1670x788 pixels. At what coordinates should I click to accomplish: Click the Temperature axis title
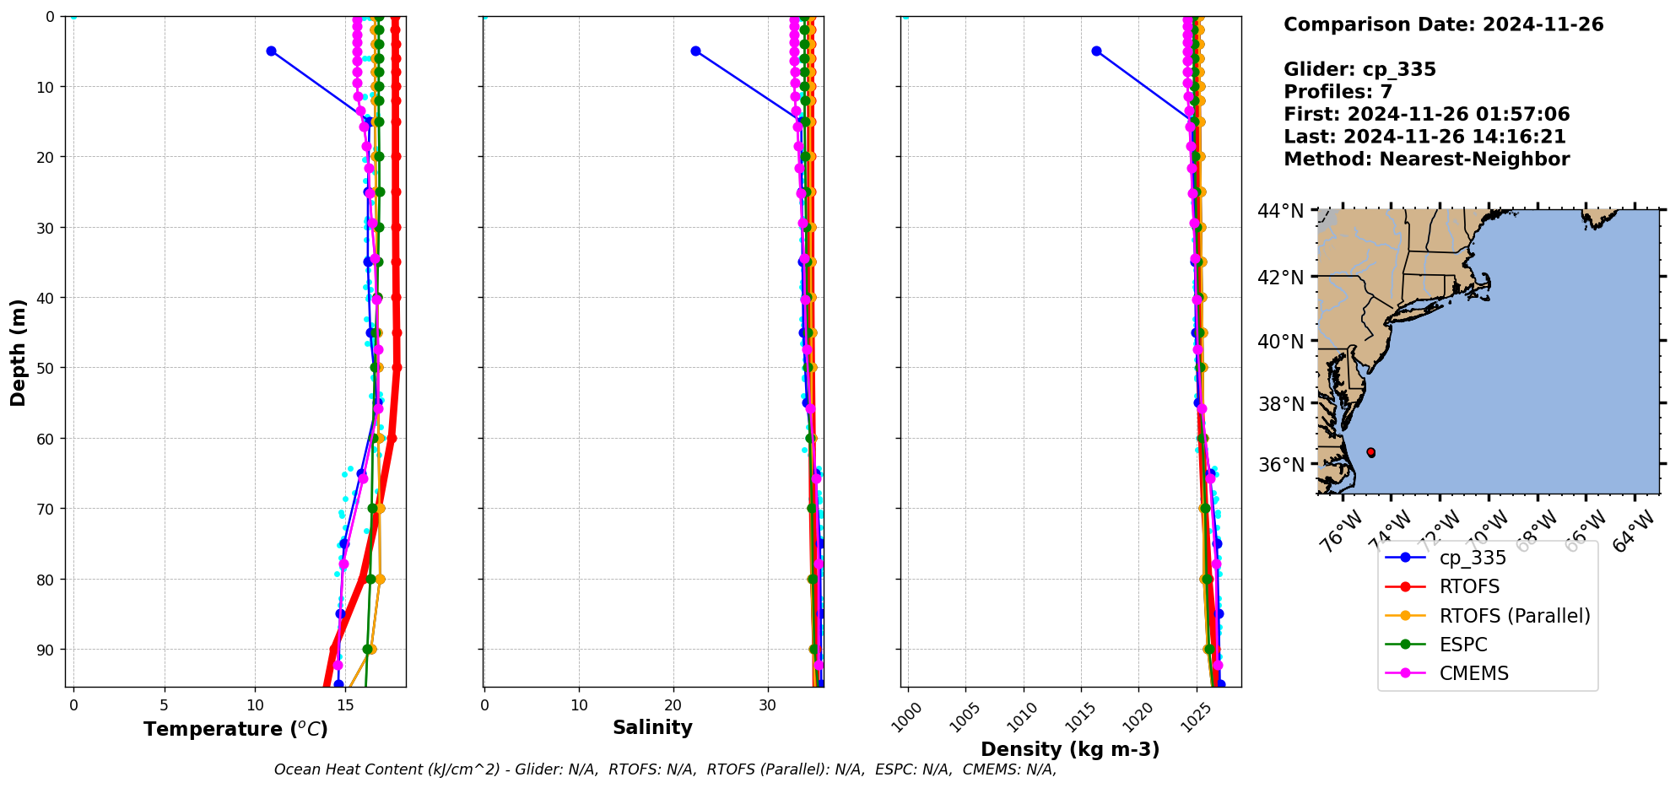tap(235, 729)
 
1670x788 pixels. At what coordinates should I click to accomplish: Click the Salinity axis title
tap(652, 727)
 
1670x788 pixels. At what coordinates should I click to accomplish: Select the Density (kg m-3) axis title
tap(1070, 749)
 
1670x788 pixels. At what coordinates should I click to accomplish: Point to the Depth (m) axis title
tap(18, 352)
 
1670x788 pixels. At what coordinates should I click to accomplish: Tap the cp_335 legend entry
tap(1473, 558)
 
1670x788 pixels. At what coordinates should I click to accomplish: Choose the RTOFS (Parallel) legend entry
tap(1514, 616)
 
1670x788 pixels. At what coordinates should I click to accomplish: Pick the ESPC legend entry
tap(1463, 645)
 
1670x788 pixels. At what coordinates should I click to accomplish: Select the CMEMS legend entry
tap(1473, 673)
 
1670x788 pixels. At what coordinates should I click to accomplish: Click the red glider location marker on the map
tap(1370, 453)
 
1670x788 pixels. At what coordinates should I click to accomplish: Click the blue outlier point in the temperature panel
tap(271, 51)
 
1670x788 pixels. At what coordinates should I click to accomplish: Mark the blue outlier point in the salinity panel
tap(695, 51)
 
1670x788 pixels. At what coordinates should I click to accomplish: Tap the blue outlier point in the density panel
tap(1096, 51)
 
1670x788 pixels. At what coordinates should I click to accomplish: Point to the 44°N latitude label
tap(1280, 211)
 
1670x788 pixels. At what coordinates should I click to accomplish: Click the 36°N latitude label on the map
tap(1280, 465)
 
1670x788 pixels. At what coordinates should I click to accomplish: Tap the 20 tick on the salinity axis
tap(673, 705)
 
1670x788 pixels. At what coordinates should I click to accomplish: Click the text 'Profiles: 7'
tap(1338, 92)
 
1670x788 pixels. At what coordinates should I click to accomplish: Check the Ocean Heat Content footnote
tap(665, 769)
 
